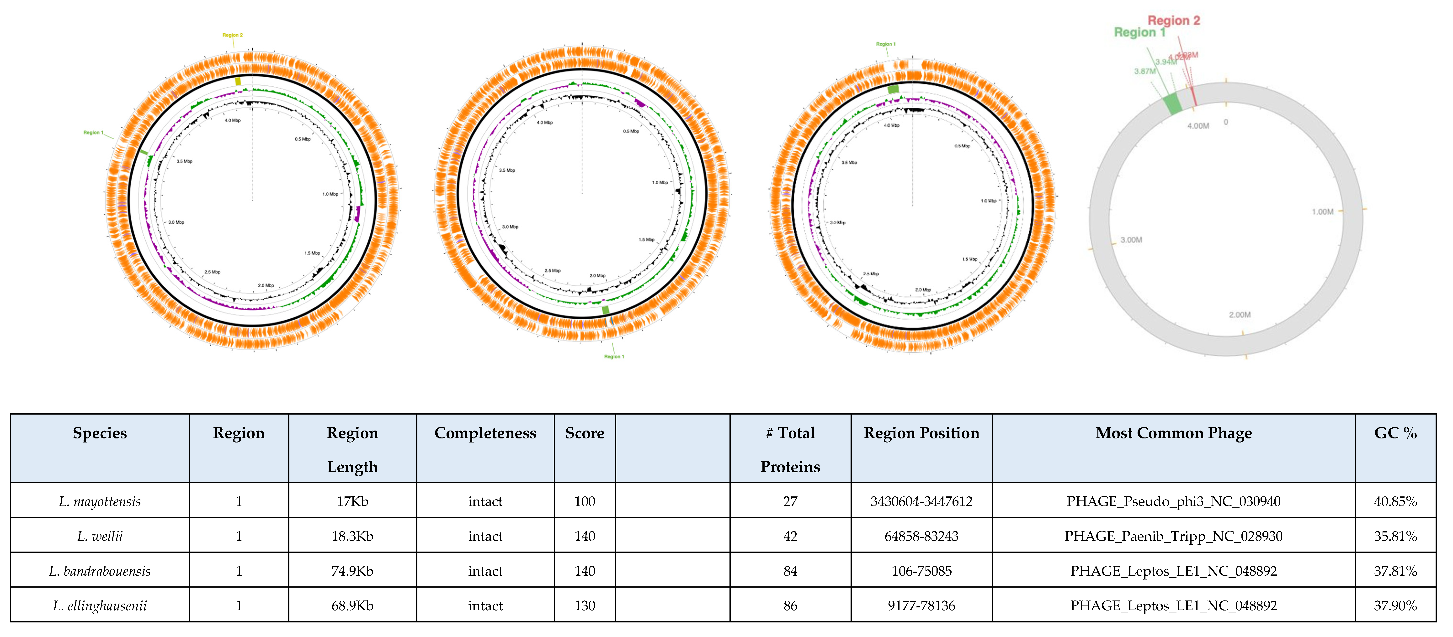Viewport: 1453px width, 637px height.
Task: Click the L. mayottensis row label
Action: tap(100, 501)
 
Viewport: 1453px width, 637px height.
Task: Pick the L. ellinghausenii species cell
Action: tap(100, 605)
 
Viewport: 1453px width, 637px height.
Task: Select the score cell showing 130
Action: tap(584, 605)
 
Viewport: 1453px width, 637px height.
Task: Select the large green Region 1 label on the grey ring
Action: tap(1139, 33)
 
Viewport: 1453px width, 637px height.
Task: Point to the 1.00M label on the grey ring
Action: tap(1322, 212)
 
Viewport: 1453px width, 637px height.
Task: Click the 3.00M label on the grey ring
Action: tap(1131, 240)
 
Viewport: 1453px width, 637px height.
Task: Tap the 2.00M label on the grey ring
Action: tap(1239, 315)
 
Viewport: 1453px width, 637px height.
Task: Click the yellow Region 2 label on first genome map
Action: tap(232, 35)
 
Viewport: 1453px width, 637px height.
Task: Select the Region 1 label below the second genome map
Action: tap(614, 356)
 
